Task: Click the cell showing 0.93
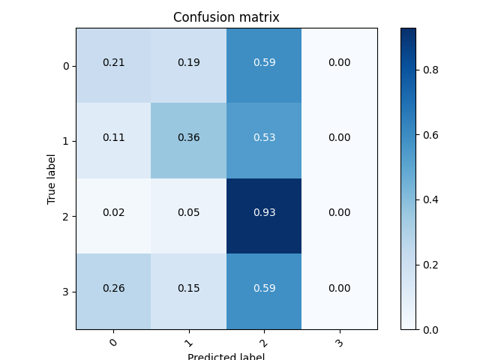coord(264,213)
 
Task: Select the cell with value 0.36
coord(188,138)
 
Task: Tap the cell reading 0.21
coord(113,63)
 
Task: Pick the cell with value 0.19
coord(188,63)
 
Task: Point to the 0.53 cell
coord(264,138)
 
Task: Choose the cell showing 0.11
coord(113,138)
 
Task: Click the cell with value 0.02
coord(113,213)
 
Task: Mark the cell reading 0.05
coord(188,213)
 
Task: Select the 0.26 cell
coord(113,288)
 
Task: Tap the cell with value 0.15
coord(188,288)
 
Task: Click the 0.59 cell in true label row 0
coord(264,63)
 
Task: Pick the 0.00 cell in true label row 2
coord(339,213)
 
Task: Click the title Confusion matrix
coord(226,17)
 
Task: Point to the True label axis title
coord(52,178)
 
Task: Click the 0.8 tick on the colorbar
coord(430,70)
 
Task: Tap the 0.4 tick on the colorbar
coord(430,200)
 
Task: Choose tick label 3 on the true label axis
coord(66,292)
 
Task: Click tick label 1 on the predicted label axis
coord(188,342)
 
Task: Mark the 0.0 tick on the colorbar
coord(430,330)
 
